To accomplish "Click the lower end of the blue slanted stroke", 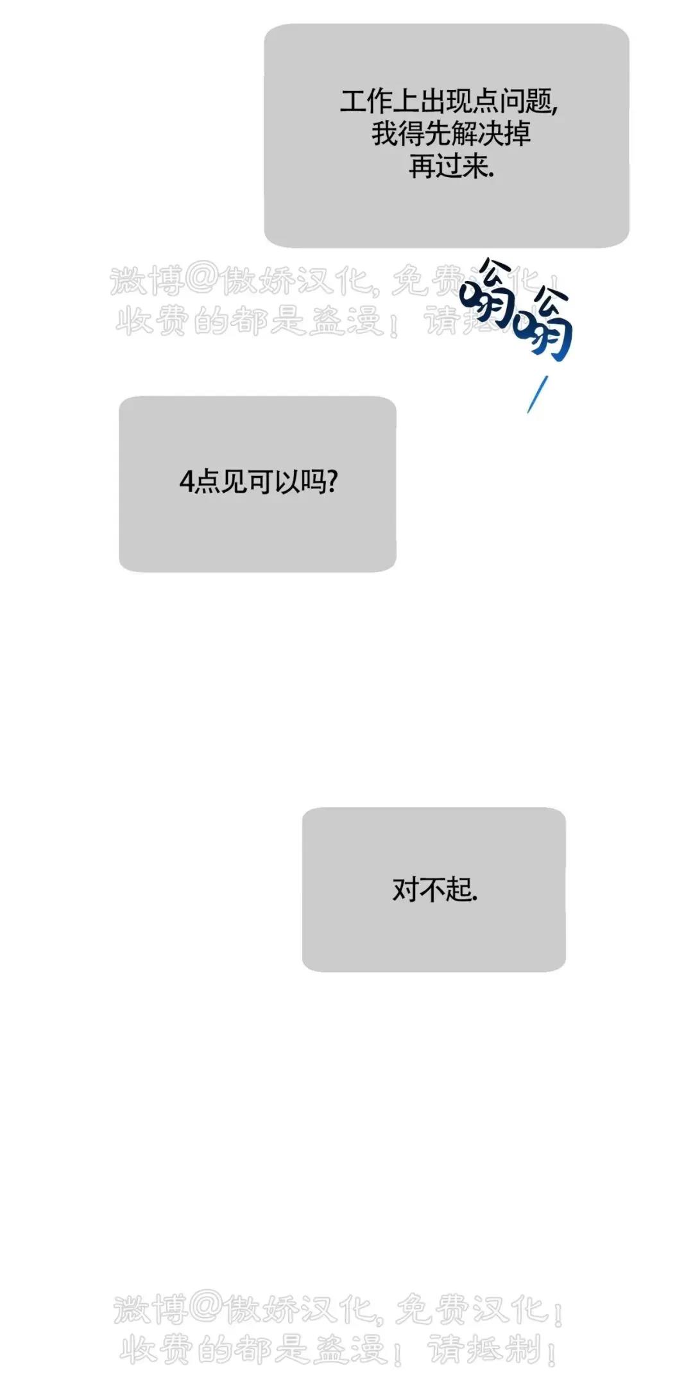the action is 528,412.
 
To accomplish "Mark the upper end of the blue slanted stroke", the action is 548,377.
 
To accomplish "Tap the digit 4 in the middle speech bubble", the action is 186,482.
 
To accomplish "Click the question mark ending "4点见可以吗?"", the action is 332,481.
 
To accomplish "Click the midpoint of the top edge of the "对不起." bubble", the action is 434,808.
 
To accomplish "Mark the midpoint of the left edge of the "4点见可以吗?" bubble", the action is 119,484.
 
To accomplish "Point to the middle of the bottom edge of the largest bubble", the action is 447,247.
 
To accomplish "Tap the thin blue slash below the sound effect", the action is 538,395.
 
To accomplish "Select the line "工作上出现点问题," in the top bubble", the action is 449,101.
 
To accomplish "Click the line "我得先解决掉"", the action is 451,134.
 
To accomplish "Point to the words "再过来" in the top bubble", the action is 449,167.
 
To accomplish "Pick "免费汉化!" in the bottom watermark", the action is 481,1309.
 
